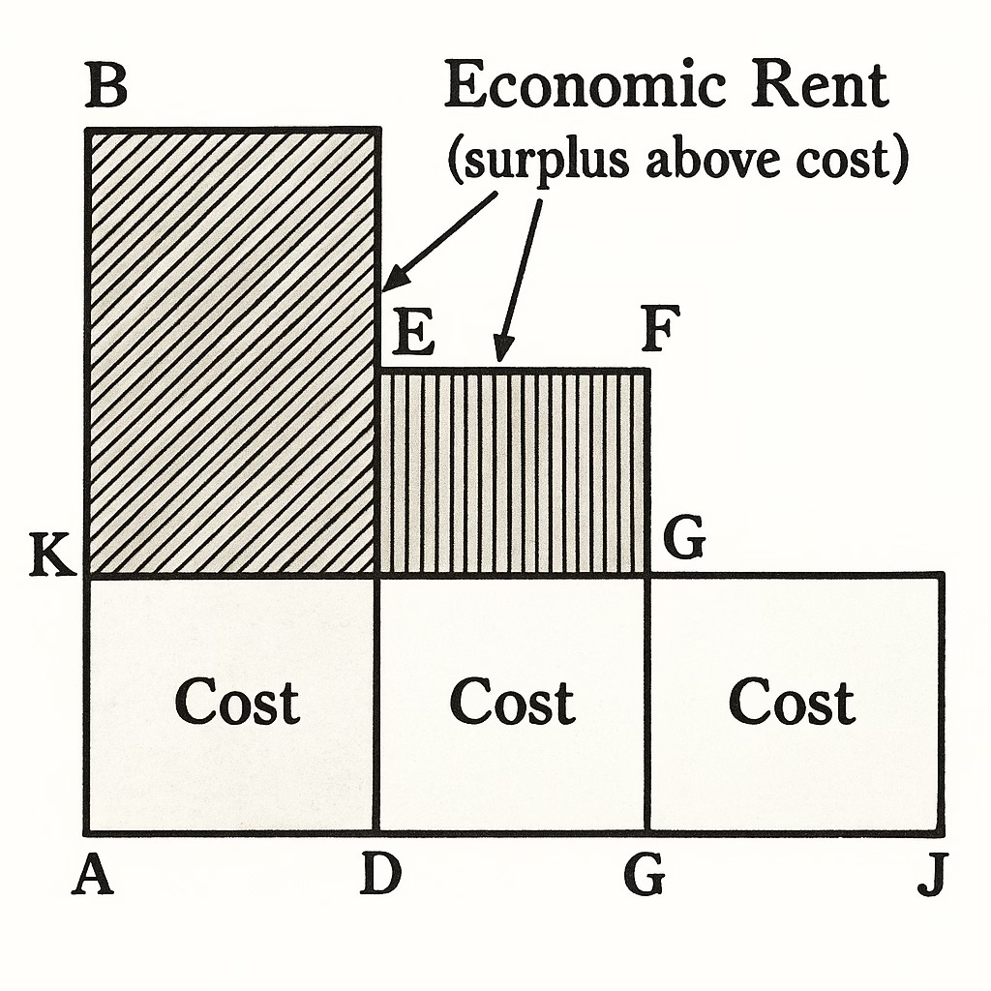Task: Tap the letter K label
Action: [x=50, y=560]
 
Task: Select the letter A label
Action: [x=93, y=878]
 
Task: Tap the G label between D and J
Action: [x=644, y=878]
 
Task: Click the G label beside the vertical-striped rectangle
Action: [x=683, y=542]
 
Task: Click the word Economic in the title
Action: [x=585, y=89]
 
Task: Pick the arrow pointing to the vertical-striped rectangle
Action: [x=519, y=271]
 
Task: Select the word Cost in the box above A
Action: [x=237, y=702]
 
